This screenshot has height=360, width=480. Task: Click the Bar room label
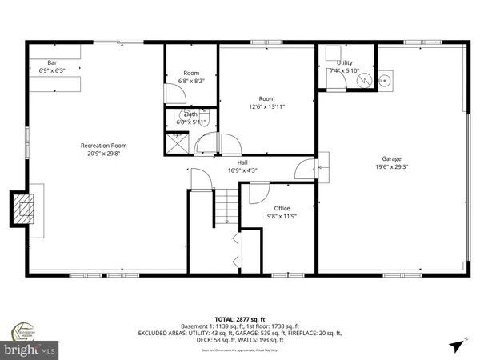pyautogui.click(x=52, y=62)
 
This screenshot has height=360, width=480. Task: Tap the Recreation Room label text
pyautogui.click(x=104, y=146)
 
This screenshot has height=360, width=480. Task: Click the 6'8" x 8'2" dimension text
pyautogui.click(x=190, y=81)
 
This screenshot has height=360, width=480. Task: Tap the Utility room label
pyautogui.click(x=345, y=62)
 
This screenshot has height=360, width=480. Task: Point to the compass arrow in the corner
pyautogui.click(x=455, y=346)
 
